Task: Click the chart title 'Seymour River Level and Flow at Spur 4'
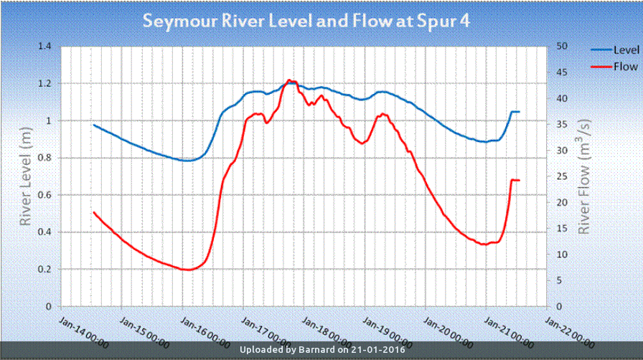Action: (306, 21)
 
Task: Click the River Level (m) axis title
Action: (27, 176)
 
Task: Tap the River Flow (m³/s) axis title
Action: (586, 176)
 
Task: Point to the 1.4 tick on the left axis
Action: (46, 46)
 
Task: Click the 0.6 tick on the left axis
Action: (46, 195)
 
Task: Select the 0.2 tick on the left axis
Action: (46, 270)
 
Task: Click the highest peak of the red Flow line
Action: (289, 80)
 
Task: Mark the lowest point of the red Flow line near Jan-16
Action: (187, 270)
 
